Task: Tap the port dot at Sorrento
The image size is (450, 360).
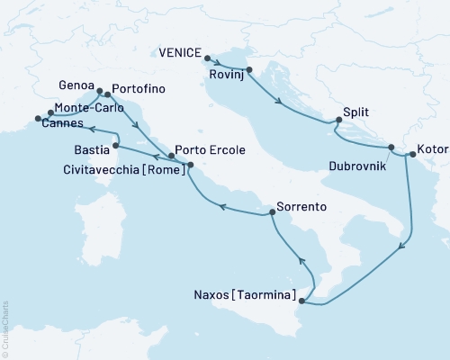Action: click(x=271, y=213)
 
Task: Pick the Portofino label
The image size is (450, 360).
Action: click(x=139, y=92)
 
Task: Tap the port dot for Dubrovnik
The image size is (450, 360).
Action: click(x=391, y=148)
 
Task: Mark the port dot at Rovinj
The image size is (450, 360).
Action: click(x=249, y=69)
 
